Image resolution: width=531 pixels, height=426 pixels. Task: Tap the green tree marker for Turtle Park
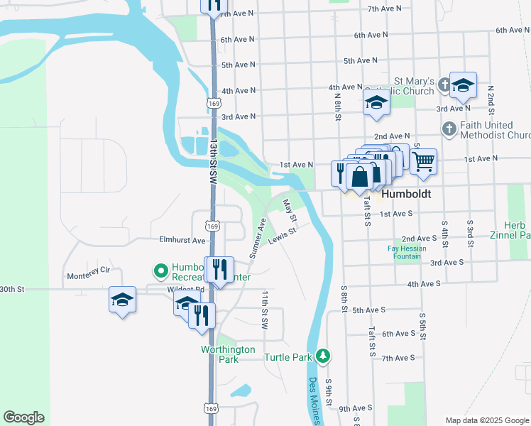(x=323, y=355)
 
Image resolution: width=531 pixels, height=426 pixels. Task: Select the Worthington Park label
(x=228, y=354)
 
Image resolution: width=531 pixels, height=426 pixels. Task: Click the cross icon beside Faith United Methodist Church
(x=449, y=129)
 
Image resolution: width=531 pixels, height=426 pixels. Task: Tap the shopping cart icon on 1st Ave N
(x=423, y=161)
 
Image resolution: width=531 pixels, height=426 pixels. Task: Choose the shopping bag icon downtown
(x=360, y=176)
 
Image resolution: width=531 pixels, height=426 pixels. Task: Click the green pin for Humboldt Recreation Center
(x=160, y=271)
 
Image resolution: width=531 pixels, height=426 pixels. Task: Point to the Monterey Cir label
(x=89, y=271)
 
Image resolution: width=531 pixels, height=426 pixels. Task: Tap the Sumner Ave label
(x=257, y=238)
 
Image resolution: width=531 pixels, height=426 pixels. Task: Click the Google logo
(x=23, y=417)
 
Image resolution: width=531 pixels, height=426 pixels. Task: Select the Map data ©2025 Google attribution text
(x=487, y=420)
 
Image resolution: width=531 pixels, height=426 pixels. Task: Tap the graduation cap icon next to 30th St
(x=122, y=300)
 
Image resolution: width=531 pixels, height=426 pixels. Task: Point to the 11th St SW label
(x=264, y=310)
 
